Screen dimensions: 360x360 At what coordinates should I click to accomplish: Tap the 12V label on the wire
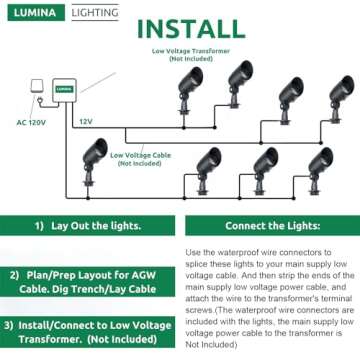[x=86, y=121]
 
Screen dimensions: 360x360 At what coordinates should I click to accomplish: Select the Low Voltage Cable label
[x=139, y=158]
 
